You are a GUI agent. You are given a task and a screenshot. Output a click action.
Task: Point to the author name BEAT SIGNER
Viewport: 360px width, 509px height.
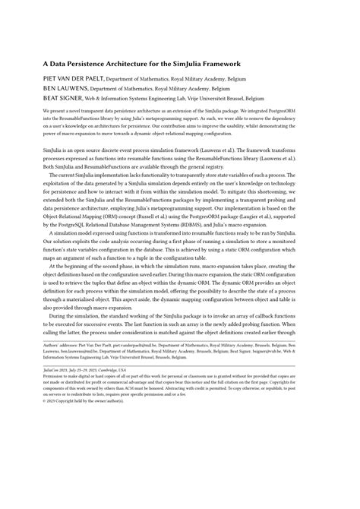63,99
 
